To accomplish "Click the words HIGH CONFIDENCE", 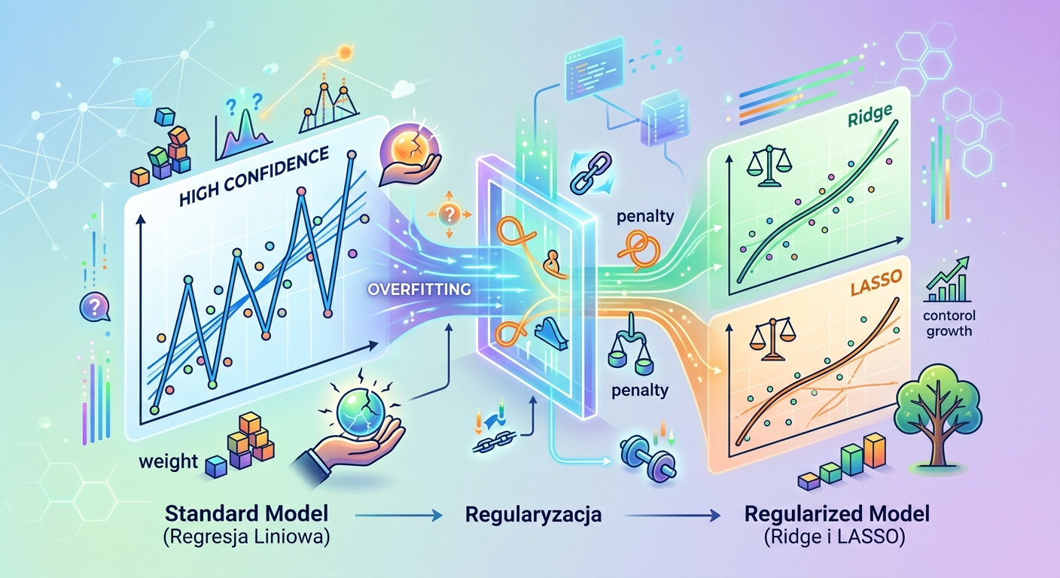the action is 254,176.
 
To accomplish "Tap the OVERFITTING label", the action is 419,289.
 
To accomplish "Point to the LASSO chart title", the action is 876,283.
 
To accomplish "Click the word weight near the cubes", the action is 169,461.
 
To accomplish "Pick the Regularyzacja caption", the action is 533,515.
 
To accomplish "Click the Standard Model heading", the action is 246,513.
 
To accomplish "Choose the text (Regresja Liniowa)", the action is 246,538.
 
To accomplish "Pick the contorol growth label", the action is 949,323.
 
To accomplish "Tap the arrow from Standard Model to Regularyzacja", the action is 398,516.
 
